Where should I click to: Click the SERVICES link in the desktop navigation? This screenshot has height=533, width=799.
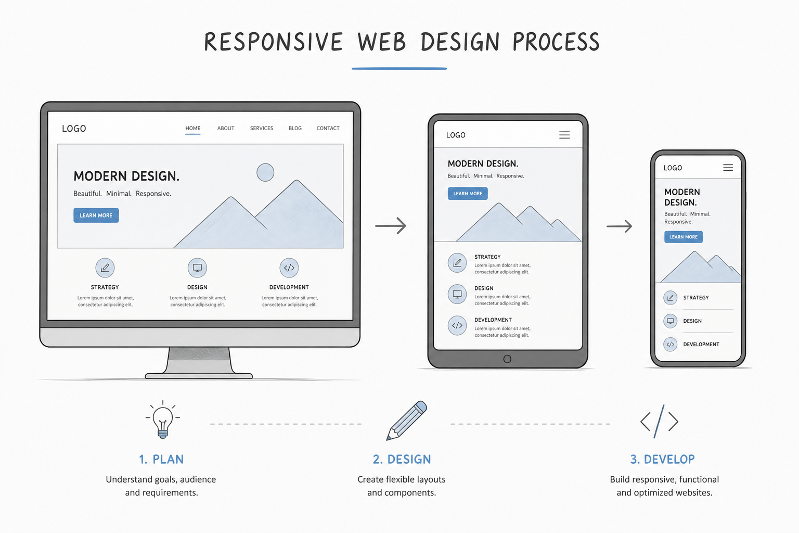[262, 128]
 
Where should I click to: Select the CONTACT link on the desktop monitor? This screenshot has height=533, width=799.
[328, 128]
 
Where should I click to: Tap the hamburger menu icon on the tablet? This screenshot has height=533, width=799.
[564, 135]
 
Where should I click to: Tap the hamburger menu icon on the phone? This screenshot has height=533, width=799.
[728, 168]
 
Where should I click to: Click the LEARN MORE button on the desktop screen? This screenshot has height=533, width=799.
[96, 215]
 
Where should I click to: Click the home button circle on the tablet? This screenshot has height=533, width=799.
[507, 359]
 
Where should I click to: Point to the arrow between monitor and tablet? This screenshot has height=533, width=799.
[391, 225]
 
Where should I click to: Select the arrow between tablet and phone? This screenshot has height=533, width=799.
[619, 226]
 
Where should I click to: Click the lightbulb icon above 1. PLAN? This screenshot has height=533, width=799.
[163, 419]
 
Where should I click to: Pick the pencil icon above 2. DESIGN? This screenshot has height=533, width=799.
[407, 420]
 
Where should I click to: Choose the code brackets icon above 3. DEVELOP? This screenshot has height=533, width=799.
[659, 421]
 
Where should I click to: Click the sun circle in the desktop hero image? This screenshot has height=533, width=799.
[265, 172]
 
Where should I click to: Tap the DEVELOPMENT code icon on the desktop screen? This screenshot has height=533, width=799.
[289, 268]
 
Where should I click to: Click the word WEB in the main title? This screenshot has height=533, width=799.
[382, 42]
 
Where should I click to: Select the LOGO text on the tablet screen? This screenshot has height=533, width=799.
[456, 135]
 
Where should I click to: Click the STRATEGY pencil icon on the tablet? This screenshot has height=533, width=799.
[457, 263]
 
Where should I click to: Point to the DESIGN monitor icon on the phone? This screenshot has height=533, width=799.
[670, 321]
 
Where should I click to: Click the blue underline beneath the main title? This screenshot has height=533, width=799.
[399, 68]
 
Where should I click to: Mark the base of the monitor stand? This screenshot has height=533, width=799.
[199, 376]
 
